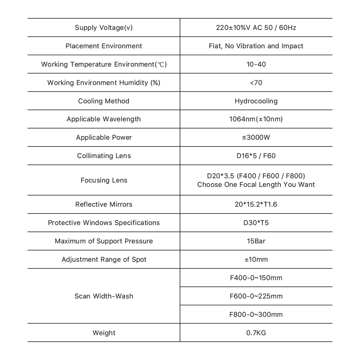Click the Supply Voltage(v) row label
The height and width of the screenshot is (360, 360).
[104, 28]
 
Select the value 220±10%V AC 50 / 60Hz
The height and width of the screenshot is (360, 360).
[256, 28]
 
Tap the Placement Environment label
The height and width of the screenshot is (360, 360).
[104, 46]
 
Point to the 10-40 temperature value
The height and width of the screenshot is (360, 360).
[256, 64]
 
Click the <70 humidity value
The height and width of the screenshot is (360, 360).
[256, 83]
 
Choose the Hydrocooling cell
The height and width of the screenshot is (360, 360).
[256, 101]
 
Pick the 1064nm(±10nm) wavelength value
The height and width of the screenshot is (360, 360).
[256, 119]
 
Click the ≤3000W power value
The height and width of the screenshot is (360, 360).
[256, 138]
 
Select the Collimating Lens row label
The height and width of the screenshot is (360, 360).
[104, 156]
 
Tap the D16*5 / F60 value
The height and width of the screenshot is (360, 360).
[256, 156]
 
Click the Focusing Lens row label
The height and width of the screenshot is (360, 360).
[104, 180]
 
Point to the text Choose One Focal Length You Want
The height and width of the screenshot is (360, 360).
[256, 185]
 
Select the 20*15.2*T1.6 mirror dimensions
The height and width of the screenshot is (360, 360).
[256, 204]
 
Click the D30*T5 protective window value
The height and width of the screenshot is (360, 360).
[256, 223]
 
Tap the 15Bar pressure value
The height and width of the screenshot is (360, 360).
[256, 241]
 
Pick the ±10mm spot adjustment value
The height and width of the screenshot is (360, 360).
[256, 260]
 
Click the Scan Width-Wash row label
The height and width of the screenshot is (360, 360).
[104, 296]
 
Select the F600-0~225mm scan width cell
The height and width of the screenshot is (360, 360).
[256, 296]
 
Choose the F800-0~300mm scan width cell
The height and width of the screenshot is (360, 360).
[256, 315]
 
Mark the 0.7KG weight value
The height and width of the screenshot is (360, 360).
[256, 333]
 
